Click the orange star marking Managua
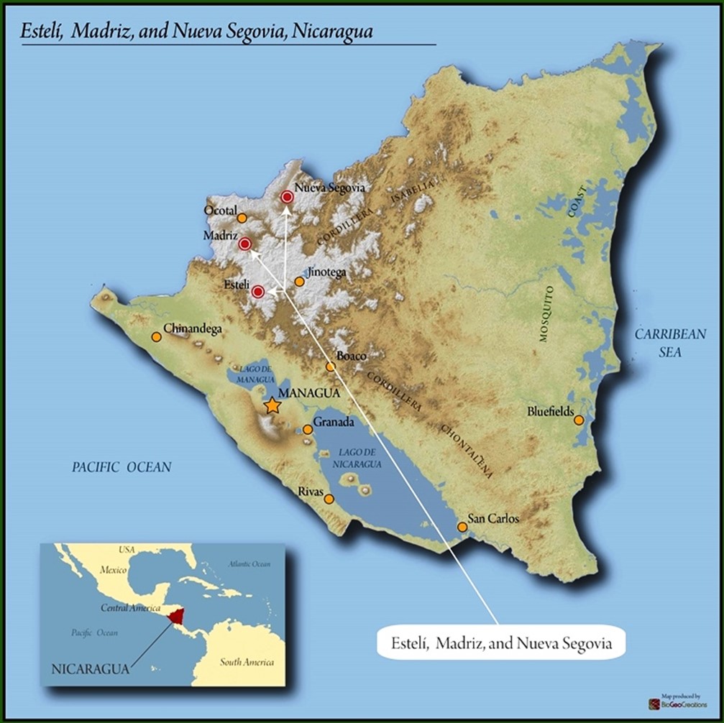pyautogui.click(x=272, y=406)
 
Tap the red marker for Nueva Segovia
pyautogui.click(x=287, y=196)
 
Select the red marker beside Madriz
pyautogui.click(x=244, y=244)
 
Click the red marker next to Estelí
pyautogui.click(x=257, y=291)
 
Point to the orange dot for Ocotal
pyautogui.click(x=242, y=218)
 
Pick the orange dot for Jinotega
pyautogui.click(x=300, y=282)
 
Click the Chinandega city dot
pyautogui.click(x=156, y=336)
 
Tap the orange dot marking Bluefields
pyautogui.click(x=579, y=420)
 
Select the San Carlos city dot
pyautogui.click(x=462, y=527)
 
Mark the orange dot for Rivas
pyautogui.click(x=329, y=499)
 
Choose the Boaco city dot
pyautogui.click(x=331, y=367)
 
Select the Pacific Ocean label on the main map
pyautogui.click(x=122, y=467)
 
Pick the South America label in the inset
pyautogui.click(x=247, y=662)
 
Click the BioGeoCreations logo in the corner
pyautogui.click(x=677, y=704)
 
